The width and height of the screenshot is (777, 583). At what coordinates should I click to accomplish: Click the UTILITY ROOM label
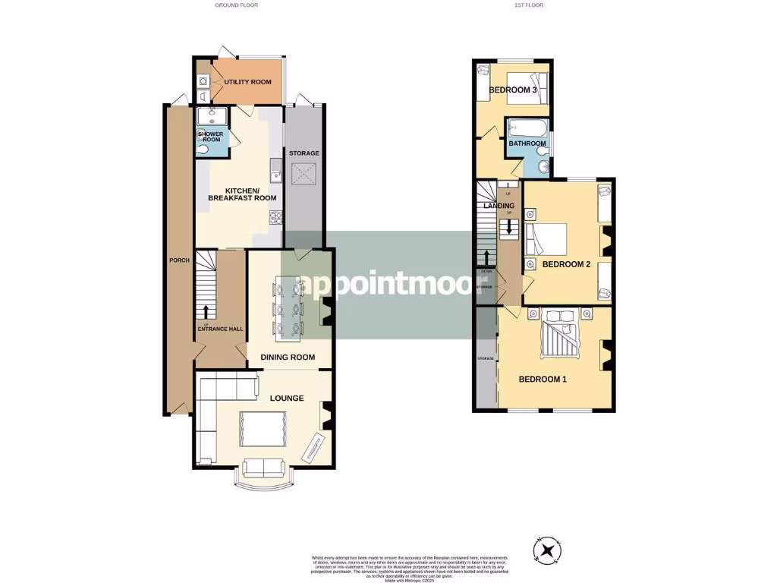click(247, 81)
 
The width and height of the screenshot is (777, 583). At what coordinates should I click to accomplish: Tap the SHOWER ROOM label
click(210, 137)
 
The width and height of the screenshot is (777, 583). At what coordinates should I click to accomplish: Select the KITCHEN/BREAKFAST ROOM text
click(242, 194)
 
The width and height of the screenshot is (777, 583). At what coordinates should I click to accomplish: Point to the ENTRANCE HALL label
click(220, 329)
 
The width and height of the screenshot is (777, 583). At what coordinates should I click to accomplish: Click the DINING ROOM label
click(287, 357)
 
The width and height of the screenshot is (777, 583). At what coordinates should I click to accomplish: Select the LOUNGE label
click(286, 398)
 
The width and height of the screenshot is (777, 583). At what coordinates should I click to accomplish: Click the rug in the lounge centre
click(263, 429)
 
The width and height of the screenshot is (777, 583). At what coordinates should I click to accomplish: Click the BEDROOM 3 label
click(513, 90)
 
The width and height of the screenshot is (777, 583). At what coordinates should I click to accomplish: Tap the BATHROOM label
click(527, 143)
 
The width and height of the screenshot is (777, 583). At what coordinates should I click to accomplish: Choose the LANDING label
click(499, 206)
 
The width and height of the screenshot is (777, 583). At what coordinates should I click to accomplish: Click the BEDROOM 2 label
click(566, 264)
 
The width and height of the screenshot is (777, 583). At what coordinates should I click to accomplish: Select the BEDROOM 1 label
click(543, 379)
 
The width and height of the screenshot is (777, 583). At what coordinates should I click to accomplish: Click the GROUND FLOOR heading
click(237, 5)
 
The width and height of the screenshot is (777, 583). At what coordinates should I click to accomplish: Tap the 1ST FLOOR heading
click(529, 5)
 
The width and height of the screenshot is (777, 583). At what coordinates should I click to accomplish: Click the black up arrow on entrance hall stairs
click(205, 311)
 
